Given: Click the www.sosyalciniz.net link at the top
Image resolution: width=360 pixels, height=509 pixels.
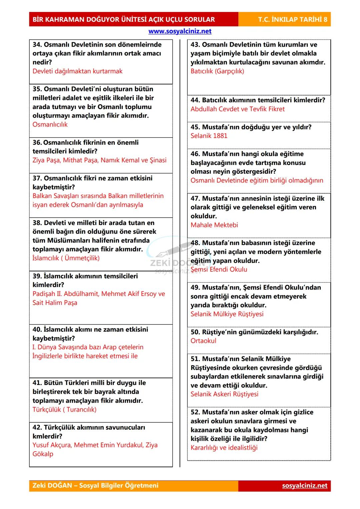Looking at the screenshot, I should point(180,31).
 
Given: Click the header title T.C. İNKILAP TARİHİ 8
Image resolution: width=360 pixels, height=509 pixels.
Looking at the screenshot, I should point(292,19).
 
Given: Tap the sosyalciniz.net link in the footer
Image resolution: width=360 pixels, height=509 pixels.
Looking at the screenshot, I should point(305,485).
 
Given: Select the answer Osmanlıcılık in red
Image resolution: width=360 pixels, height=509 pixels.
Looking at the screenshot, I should point(50,125).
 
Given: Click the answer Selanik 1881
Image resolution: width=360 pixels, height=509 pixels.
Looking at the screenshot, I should point(209,136).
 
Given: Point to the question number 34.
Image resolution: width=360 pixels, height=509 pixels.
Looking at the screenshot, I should point(37,45).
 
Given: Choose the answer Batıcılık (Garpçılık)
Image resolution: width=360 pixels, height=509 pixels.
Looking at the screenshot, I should point(217,71).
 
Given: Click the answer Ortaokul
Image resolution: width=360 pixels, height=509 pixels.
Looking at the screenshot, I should point(203,341).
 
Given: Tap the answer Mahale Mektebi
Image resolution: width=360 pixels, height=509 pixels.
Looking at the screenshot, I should point(214,225).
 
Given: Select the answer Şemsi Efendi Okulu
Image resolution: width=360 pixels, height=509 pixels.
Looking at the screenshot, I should point(219,270).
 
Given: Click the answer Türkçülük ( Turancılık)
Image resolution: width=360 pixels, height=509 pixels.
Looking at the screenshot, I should point(64,410).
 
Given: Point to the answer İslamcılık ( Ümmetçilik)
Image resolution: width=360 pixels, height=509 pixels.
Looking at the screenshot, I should point(66,258).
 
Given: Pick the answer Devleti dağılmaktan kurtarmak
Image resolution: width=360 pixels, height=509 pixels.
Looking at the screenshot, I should point(77,71).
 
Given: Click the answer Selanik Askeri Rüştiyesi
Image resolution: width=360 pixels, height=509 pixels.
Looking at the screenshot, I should point(224,394).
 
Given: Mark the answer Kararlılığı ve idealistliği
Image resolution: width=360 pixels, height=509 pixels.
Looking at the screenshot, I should point(224,448).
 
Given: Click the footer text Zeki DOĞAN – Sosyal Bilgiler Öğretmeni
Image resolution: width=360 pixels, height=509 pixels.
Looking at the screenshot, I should point(95,485).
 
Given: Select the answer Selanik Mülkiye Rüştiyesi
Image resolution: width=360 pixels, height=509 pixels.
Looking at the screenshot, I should point(227,314).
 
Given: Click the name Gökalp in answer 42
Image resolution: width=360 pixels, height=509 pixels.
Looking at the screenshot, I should point(43,454).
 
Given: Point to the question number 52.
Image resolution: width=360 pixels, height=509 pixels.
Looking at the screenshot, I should point(195,412).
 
